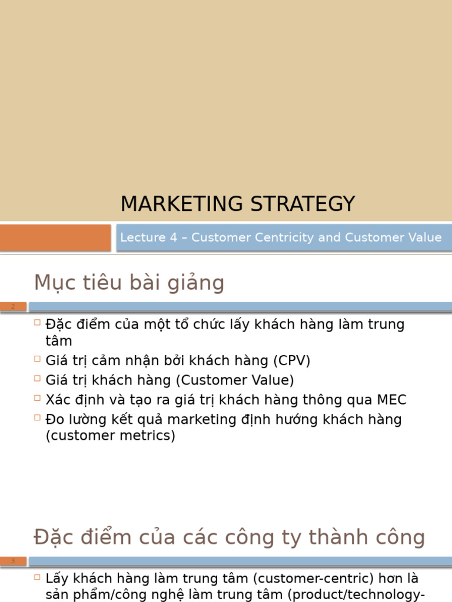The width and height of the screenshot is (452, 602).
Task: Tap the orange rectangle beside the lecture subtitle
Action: pos(55,238)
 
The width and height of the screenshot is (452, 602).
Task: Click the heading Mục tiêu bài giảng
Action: pos(129,283)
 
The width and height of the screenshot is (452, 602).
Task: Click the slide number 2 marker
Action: pos(13,306)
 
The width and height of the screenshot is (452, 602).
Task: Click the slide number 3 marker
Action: pos(13,561)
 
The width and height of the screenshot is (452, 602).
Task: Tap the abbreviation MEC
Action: pos(391,400)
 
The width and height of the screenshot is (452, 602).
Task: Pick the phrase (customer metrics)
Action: pos(110,436)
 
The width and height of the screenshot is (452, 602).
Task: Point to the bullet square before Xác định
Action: pos(37,399)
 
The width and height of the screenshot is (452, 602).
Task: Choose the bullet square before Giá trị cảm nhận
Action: pos(37,359)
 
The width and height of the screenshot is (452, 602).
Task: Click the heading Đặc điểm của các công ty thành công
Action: pos(229,537)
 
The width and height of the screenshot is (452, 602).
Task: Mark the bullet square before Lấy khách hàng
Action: pos(37,577)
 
